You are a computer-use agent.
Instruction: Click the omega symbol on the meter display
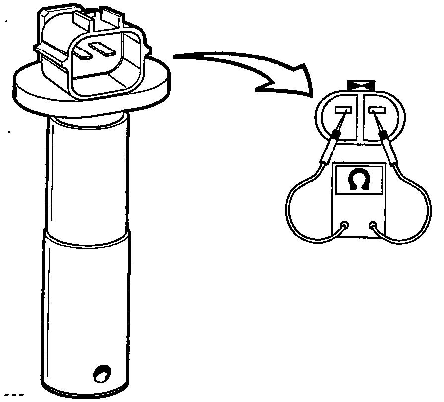pyautogui.click(x=357, y=181)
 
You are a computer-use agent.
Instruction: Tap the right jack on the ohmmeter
pyautogui.click(x=373, y=225)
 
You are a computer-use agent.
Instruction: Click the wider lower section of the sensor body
pyautogui.click(x=87, y=307)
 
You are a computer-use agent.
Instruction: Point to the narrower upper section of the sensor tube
pyautogui.click(x=87, y=173)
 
